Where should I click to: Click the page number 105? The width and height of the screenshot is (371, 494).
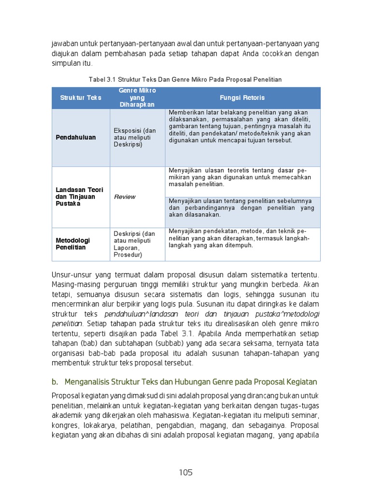[185, 472]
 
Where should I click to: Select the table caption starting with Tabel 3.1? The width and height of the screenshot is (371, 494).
[185, 79]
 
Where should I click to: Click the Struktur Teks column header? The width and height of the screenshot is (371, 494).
[81, 97]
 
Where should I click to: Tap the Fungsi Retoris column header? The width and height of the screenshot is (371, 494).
[243, 97]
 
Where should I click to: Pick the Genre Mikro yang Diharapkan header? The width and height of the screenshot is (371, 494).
[137, 97]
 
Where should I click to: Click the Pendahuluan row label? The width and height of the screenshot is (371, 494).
[76, 137]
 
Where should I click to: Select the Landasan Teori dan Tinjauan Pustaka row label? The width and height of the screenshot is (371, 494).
[76, 197]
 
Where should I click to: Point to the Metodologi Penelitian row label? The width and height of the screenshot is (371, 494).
[73, 244]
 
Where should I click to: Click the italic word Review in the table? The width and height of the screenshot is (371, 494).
[125, 197]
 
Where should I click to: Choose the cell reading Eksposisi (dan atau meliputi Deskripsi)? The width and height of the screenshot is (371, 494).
[135, 137]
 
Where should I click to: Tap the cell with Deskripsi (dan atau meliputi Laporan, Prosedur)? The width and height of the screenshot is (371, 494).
[135, 244]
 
